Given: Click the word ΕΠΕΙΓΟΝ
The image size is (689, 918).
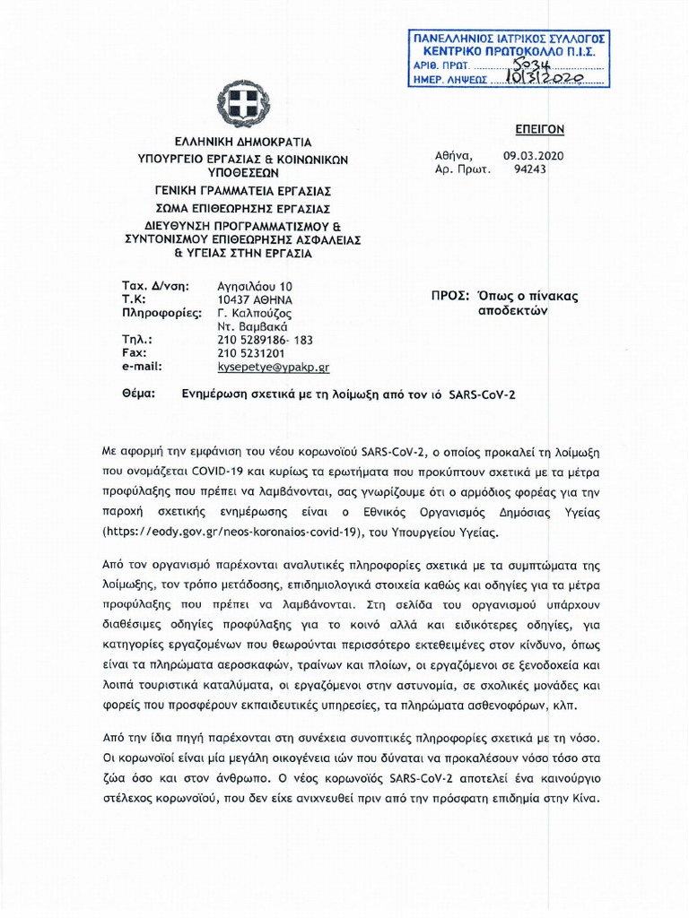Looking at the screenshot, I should coord(538,129).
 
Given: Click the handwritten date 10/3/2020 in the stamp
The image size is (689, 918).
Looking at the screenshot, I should coord(545,80).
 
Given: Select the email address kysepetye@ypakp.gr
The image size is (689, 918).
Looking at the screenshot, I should coord(274,367).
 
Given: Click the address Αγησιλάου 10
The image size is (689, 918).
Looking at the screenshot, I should coord(255,285).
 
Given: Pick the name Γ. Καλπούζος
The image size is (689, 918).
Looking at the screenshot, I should coord(255,313).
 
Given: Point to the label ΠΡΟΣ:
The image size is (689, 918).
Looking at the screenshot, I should coord(449,296).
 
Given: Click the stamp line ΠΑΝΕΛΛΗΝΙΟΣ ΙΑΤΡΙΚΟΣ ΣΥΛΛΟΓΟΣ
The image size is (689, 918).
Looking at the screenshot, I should coord(508,39).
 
